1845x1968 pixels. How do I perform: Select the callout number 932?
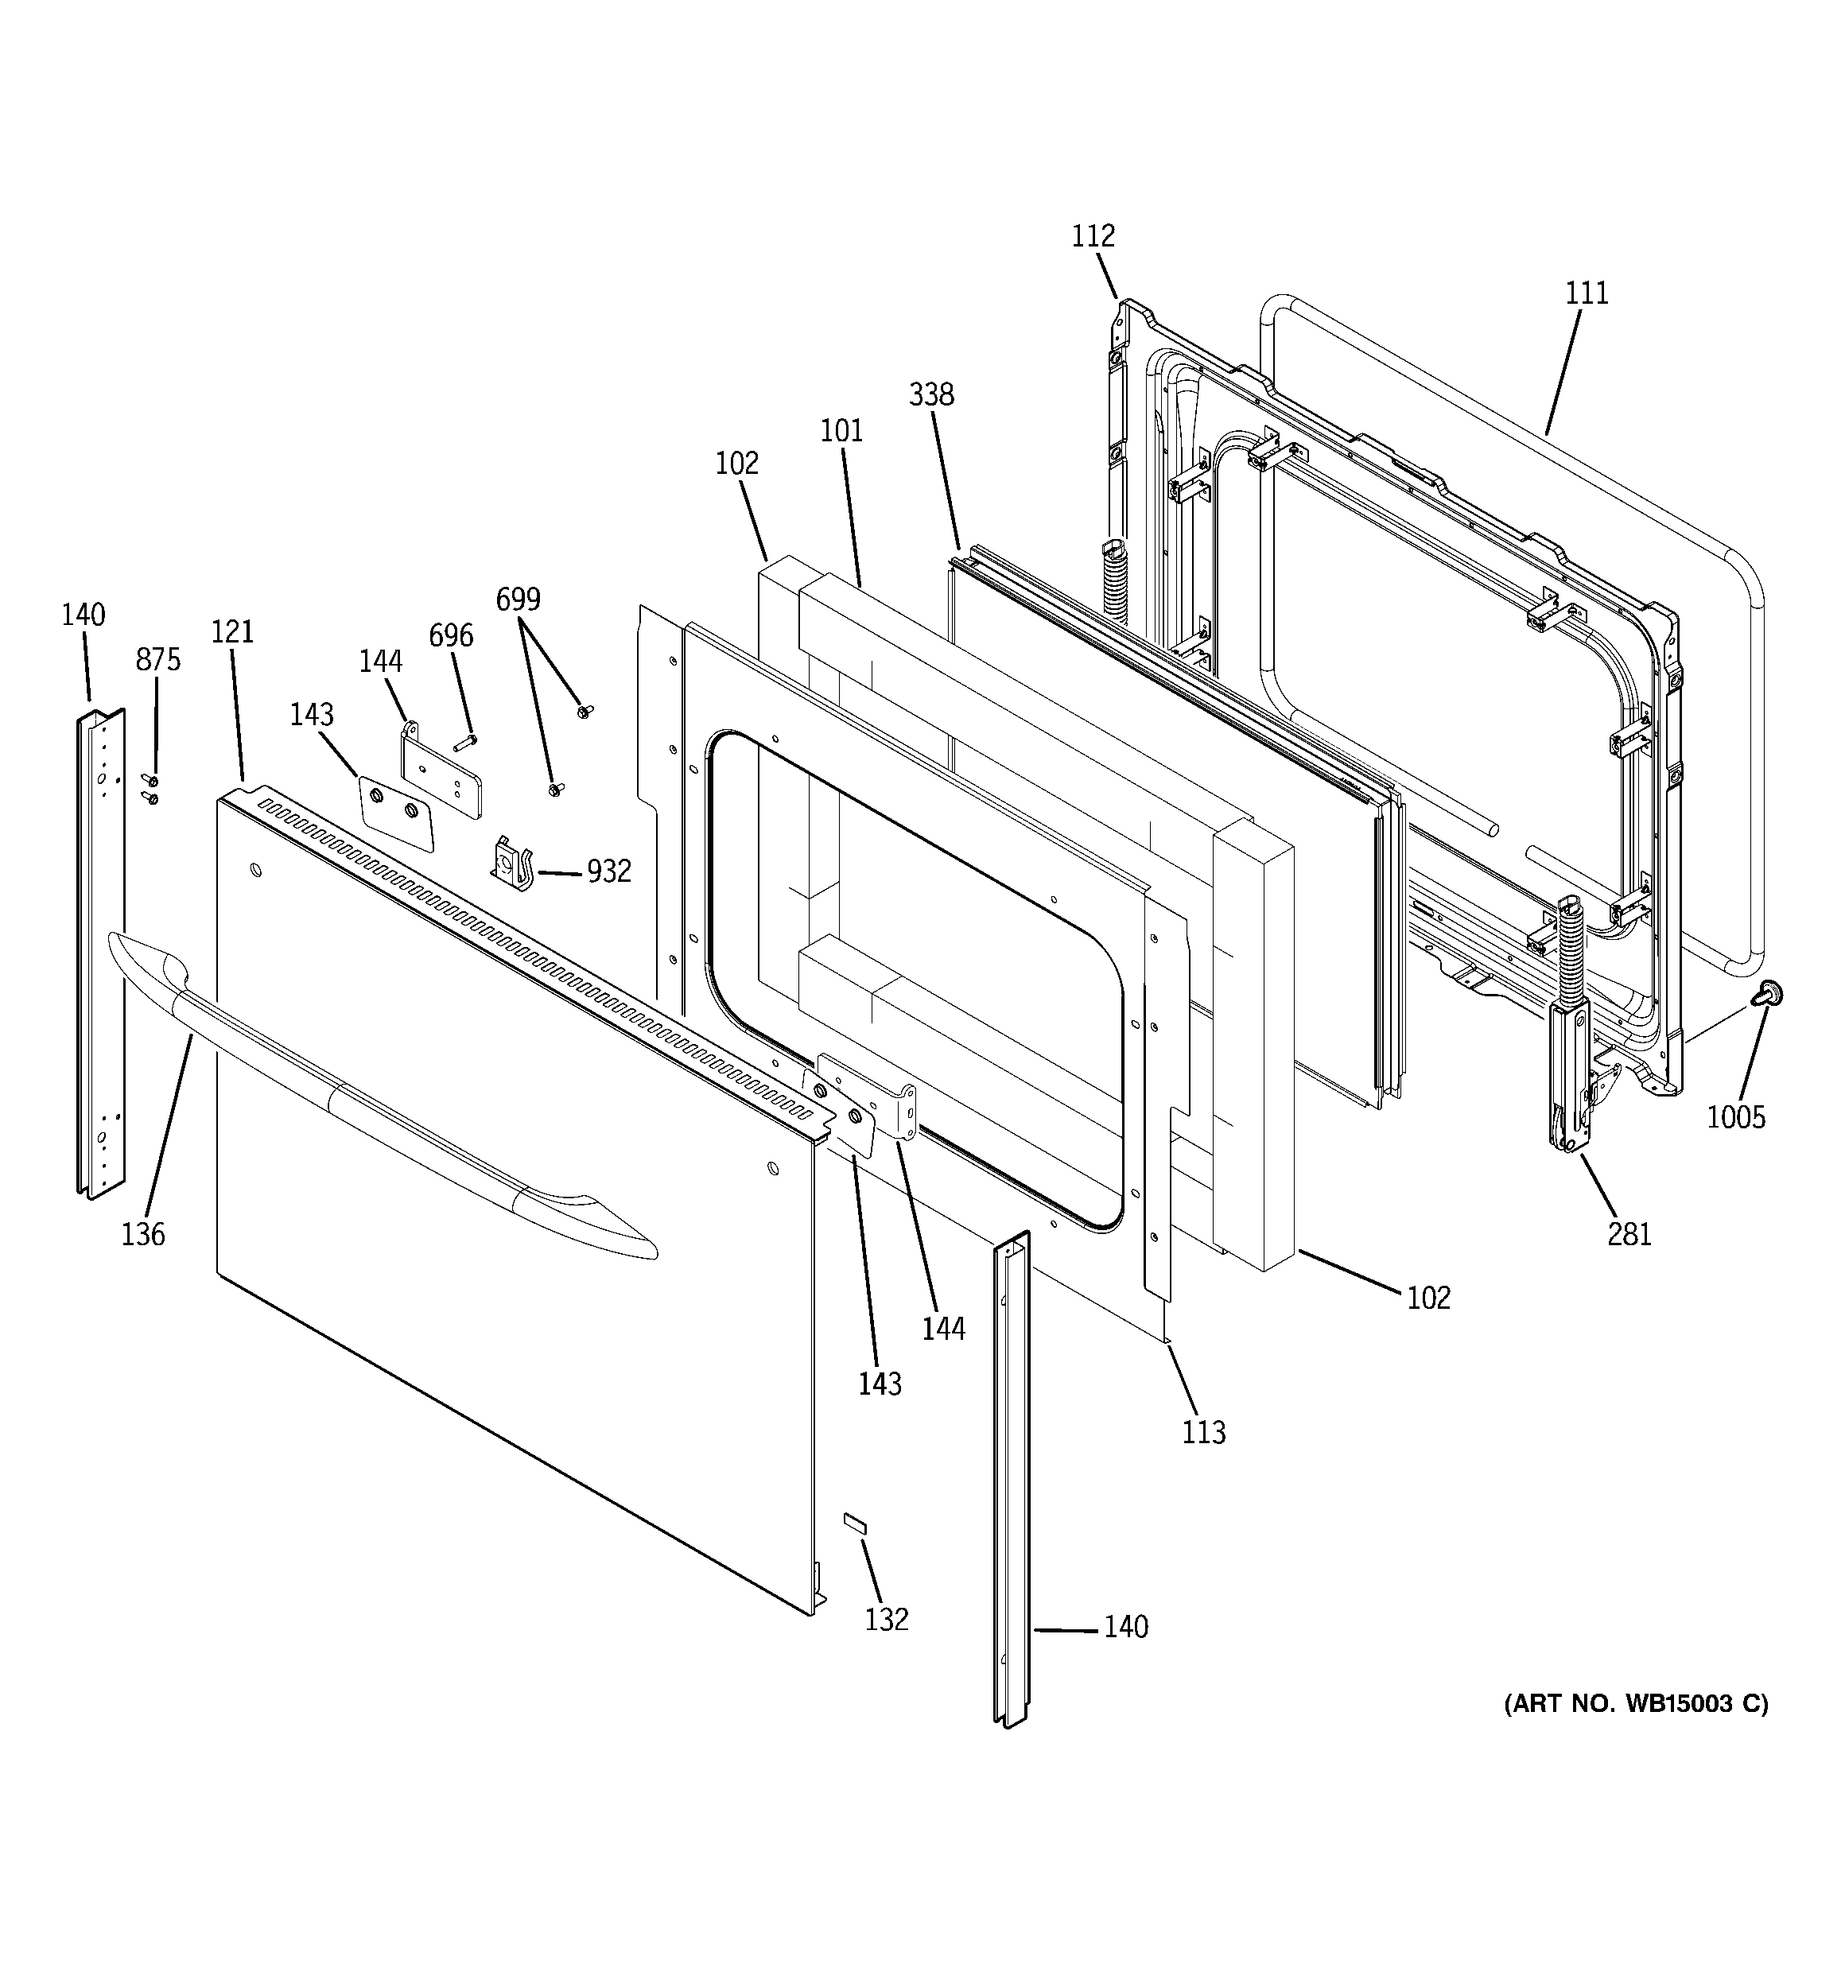[608, 871]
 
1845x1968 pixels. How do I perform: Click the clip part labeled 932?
[513, 861]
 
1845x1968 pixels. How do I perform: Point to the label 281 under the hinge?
[1629, 1233]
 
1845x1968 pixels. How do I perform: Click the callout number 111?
[1587, 293]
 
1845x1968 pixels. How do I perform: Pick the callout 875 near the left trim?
[158, 659]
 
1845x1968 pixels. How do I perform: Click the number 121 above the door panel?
[233, 631]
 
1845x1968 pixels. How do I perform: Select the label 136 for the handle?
[144, 1233]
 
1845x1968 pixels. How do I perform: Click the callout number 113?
[1203, 1431]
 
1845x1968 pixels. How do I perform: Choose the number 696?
[451, 635]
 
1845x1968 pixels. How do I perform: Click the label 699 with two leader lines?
[518, 599]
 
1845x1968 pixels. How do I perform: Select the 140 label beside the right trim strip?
[1126, 1626]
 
